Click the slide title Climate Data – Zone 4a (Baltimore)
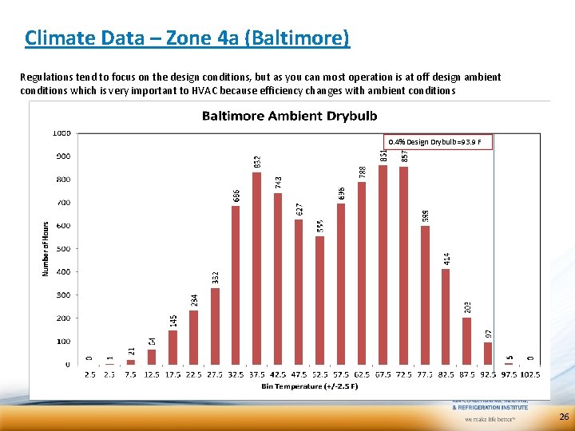(x=187, y=38)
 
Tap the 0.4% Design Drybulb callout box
(x=439, y=142)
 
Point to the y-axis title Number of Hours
(x=46, y=249)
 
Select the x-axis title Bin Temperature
(x=307, y=387)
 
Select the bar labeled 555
(x=319, y=300)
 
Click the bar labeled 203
(x=466, y=341)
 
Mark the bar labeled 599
(x=425, y=295)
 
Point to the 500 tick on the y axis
(x=61, y=249)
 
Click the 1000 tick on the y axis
(x=61, y=132)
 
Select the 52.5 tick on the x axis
(x=319, y=374)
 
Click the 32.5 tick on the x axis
(x=236, y=374)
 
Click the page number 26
(x=564, y=417)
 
